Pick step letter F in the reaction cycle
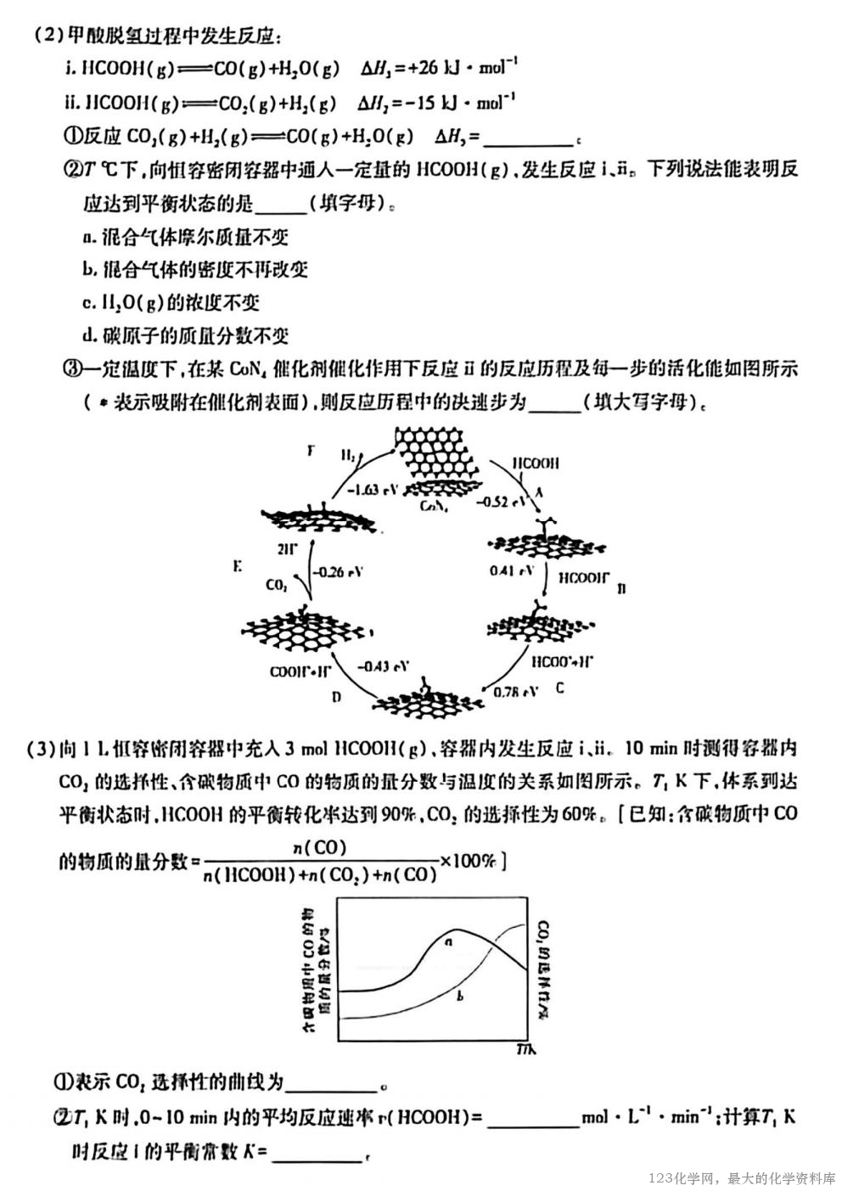[x=311, y=452]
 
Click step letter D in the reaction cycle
[x=336, y=697]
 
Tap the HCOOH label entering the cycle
[x=536, y=464]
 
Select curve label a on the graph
[x=448, y=941]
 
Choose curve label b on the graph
[x=459, y=996]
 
